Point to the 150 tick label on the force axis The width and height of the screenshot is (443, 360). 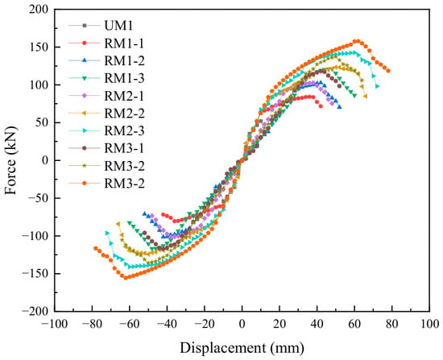tap(39, 47)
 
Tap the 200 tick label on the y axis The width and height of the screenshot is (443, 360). tap(39, 10)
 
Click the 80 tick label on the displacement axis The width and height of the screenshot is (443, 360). tap(391, 324)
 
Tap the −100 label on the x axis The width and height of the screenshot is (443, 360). tap(54, 324)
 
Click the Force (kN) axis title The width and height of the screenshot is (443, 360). tap(10, 160)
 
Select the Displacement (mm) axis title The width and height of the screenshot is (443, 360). tap(242, 348)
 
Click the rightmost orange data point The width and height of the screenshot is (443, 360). tap(388, 71)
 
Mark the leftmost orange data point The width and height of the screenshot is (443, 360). tap(96, 248)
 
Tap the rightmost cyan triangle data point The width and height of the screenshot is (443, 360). tap(377, 86)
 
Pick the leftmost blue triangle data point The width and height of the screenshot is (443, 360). tap(144, 213)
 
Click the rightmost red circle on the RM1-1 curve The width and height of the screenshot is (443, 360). tap(321, 106)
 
